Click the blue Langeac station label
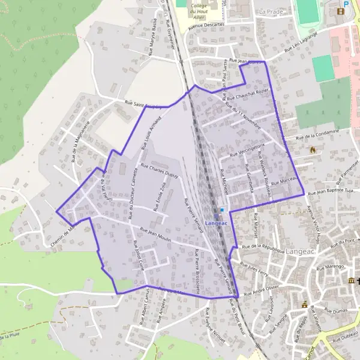tap(217, 223)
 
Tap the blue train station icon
tap(222, 210)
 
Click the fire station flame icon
tap(312, 151)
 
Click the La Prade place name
tap(270, 11)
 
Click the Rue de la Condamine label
tap(317, 135)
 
